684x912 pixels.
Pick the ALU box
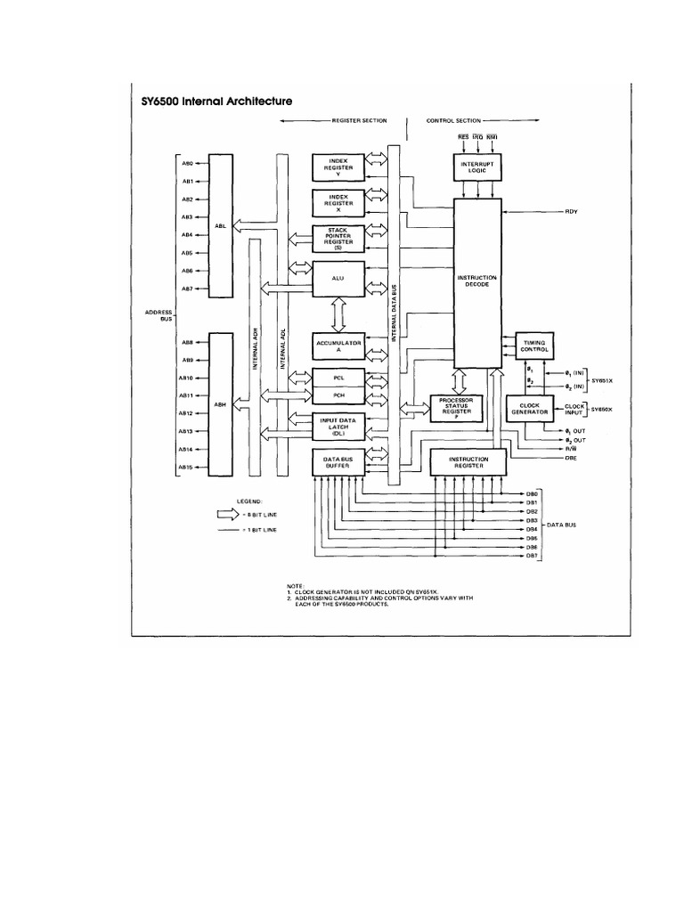[338, 279]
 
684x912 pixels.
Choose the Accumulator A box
[338, 346]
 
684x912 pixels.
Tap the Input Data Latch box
[338, 427]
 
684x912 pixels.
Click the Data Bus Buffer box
[338, 461]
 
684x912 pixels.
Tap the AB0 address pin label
[188, 163]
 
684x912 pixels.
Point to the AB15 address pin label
[187, 468]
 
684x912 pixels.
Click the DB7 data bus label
[531, 557]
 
